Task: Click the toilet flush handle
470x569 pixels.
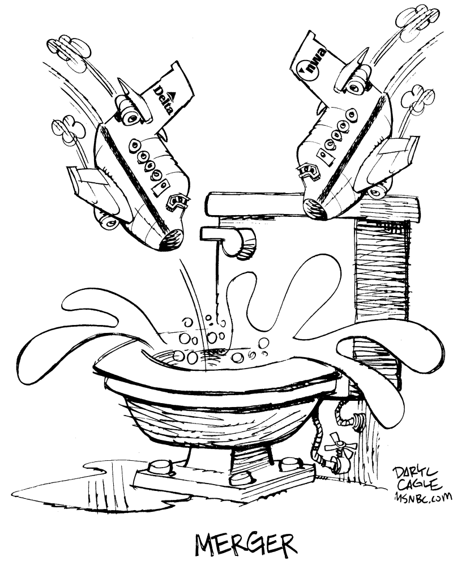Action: (x=229, y=240)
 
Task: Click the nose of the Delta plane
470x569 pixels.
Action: (x=171, y=240)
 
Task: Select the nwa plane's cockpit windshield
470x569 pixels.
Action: (x=309, y=172)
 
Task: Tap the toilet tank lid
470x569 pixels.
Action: (x=312, y=206)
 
